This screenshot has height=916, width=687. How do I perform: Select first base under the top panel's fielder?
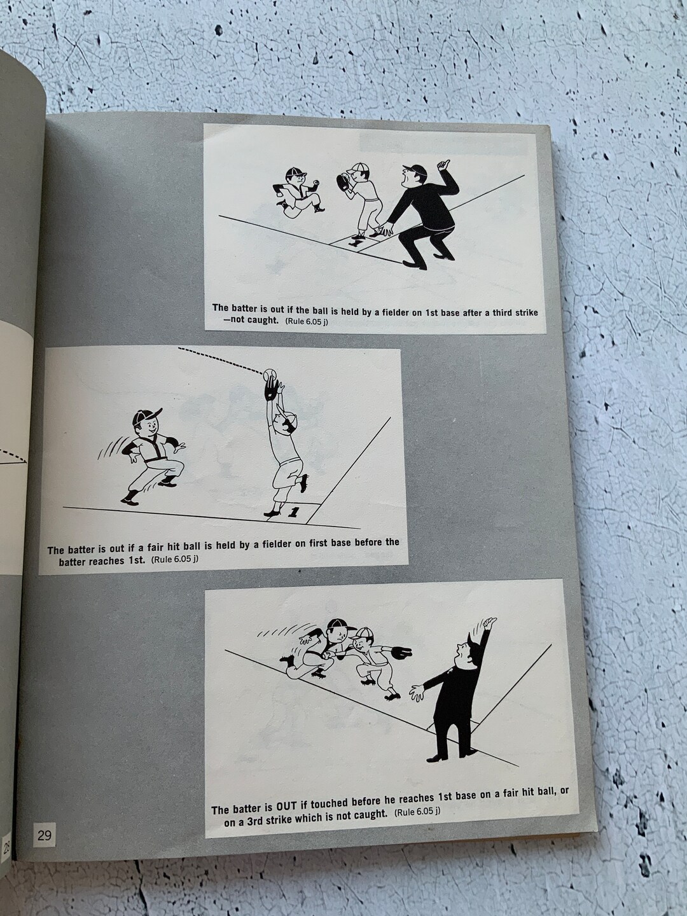click(x=359, y=242)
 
